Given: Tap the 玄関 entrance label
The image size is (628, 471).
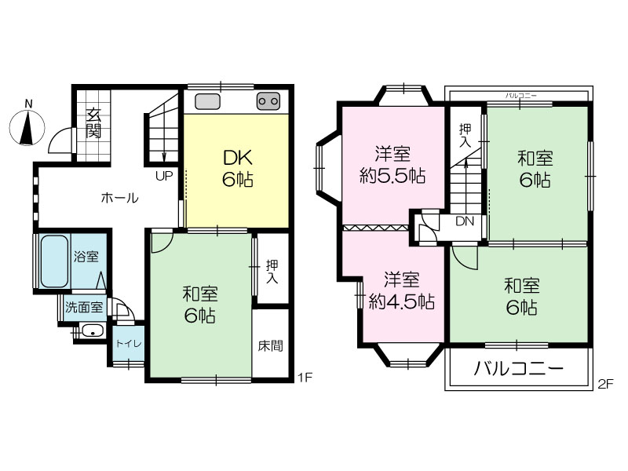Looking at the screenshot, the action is pos(93,122).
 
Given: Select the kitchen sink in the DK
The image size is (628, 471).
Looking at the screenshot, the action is pos(207,101).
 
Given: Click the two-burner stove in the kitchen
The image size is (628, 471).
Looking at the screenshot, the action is pos(268,101).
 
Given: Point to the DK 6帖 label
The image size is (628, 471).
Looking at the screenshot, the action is pos(238,168).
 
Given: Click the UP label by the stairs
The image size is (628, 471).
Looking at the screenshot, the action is pos(164,176).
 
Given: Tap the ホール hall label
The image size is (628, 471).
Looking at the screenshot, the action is pos(120,198).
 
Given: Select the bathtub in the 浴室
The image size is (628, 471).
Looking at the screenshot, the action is pos(54,261).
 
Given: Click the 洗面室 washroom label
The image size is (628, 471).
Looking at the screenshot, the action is pos(84,308).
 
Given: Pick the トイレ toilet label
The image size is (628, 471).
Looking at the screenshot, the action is pos(128,344).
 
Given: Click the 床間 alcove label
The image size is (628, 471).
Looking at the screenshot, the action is pos(271,345).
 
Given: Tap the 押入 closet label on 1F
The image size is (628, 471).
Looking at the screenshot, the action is pos(272,272).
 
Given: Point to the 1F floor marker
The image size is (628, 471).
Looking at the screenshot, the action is pos(305,377).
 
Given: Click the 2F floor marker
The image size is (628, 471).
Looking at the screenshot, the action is pos(605,384).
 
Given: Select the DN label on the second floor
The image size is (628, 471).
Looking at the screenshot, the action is pos(465,221).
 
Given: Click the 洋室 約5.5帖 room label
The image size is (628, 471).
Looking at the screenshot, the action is pos(392,165).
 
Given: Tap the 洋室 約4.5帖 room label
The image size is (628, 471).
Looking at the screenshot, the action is pos(401,290).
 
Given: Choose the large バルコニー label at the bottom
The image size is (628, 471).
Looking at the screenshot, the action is pos(519,368).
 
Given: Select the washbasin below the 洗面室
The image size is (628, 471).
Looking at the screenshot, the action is pos(93,332).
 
